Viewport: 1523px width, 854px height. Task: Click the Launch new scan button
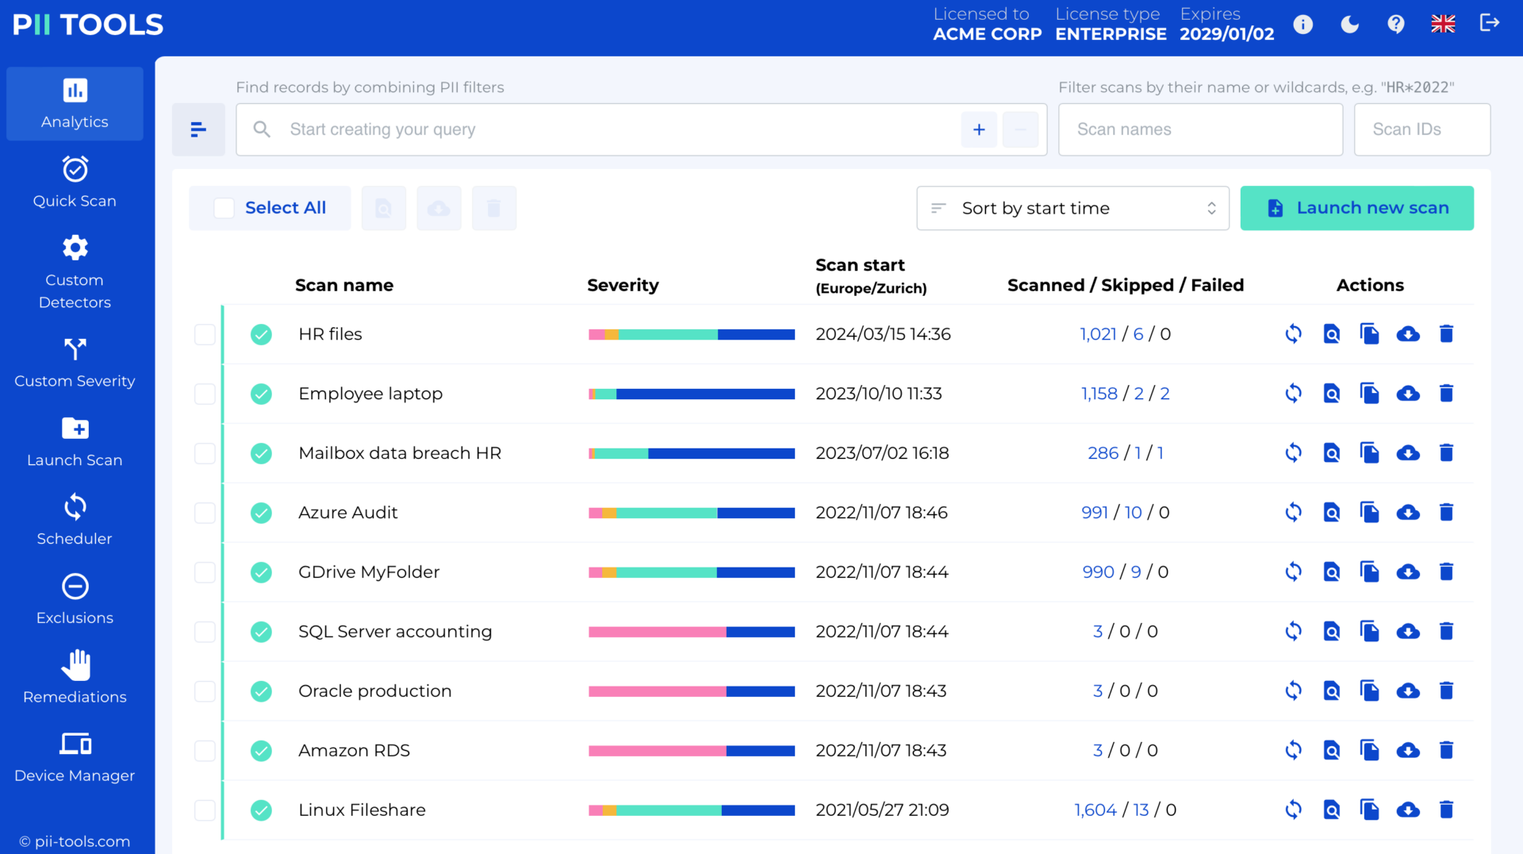(1356, 208)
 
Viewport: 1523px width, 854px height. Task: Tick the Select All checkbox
(224, 208)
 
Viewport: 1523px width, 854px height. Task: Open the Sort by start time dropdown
(1072, 208)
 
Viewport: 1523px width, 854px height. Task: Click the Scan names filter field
(1199, 129)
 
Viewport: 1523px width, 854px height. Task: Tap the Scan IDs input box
(1421, 129)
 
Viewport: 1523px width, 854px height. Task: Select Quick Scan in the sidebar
(75, 183)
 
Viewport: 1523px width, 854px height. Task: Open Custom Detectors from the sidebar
(75, 271)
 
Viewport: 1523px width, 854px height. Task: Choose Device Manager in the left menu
(75, 757)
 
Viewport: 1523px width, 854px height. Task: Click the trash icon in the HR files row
(1446, 334)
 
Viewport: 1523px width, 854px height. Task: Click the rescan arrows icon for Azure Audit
(1293, 513)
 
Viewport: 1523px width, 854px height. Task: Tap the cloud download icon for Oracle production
(1408, 691)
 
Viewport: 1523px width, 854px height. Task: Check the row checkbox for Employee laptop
(205, 394)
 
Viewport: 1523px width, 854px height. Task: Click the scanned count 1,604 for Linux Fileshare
(1095, 810)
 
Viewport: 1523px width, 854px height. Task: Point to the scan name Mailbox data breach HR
(400, 453)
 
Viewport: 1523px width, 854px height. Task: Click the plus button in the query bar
(979, 129)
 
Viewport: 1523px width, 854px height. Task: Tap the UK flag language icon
(1443, 25)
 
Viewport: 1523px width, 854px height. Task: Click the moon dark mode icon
(1349, 25)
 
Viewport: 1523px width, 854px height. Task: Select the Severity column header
(623, 285)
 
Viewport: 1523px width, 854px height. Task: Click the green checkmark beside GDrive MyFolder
(261, 572)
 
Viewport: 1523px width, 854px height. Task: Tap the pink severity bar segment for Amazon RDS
(657, 751)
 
